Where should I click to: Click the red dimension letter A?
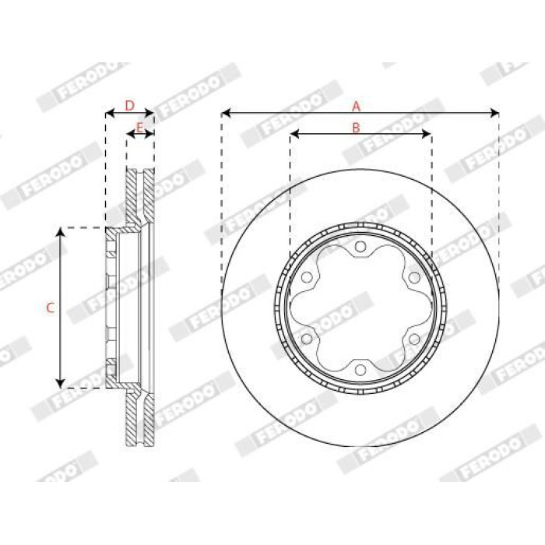[356, 107]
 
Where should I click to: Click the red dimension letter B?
[356, 128]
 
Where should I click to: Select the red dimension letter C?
[51, 308]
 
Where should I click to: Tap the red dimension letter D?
[129, 106]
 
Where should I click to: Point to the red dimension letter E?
[139, 128]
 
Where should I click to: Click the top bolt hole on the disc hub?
[360, 247]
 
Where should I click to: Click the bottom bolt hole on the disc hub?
[360, 370]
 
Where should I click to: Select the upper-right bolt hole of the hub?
[414, 278]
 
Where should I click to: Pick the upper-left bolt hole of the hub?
[307, 277]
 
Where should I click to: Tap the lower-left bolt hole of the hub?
[307, 339]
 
